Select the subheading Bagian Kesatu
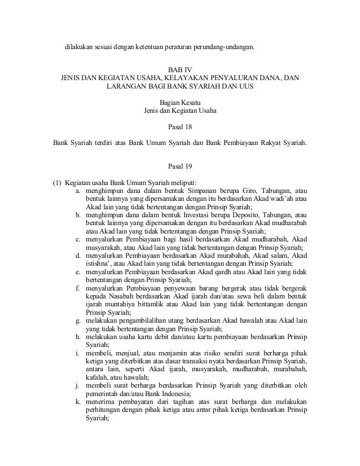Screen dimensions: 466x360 click(180, 101)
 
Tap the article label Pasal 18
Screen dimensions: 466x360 click(180, 127)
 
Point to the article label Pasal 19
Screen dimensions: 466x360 click(180, 167)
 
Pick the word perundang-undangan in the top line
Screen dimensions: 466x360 click(224, 46)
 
